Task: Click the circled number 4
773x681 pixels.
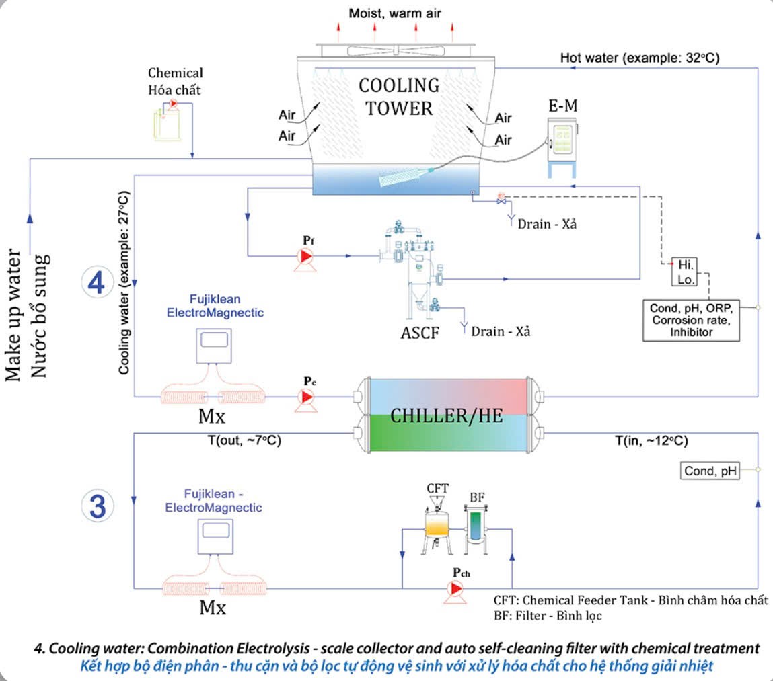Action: point(97,282)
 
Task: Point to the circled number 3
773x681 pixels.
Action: point(97,506)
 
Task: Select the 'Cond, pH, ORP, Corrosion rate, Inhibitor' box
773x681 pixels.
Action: point(691,320)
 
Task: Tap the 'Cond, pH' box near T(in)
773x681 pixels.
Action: point(710,471)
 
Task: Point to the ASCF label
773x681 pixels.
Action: point(420,333)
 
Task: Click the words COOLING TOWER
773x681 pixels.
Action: point(399,97)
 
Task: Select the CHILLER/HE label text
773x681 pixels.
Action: point(447,416)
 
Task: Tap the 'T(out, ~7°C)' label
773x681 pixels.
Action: point(244,440)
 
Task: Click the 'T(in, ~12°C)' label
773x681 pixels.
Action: point(651,440)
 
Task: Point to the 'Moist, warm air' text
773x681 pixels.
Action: point(395,13)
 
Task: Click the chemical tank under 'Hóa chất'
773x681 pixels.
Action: point(167,123)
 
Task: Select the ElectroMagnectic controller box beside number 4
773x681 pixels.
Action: point(214,346)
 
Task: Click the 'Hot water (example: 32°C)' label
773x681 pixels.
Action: point(640,58)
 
